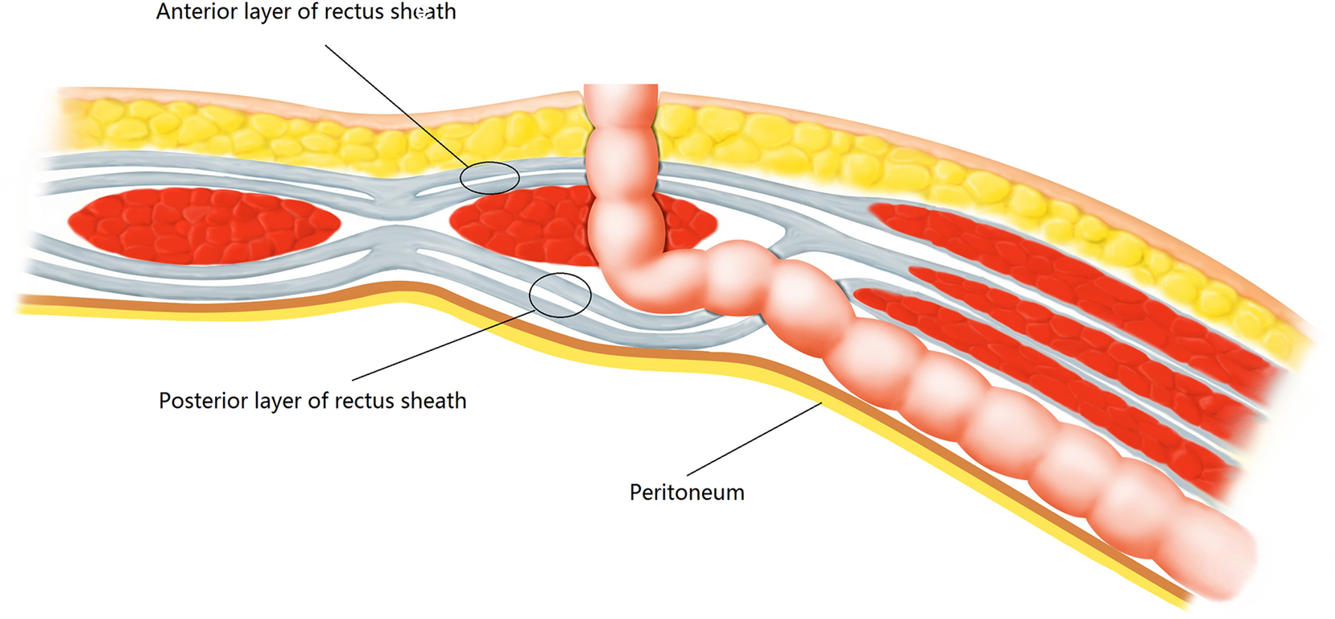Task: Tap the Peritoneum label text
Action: pyautogui.click(x=687, y=493)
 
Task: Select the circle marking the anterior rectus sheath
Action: pyautogui.click(x=490, y=178)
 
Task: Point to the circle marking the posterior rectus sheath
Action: pyautogui.click(x=560, y=295)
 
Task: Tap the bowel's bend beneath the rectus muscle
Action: pyautogui.click(x=636, y=282)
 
